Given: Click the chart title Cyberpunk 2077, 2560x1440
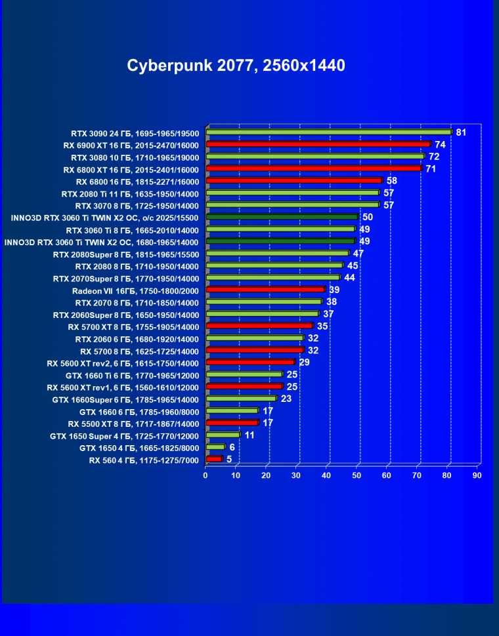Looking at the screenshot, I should pos(236,66).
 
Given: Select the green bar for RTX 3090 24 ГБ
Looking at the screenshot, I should pos(328,132).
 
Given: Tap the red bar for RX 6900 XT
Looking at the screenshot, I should pos(318,144).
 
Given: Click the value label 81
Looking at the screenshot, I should pos(461,132).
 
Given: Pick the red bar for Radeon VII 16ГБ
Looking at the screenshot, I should pos(265,289).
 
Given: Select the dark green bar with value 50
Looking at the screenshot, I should pos(282,217).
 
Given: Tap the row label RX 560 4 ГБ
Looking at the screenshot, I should pos(144,460).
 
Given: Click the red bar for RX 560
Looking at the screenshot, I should pos(214,459).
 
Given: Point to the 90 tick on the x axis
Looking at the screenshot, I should pos(477,475).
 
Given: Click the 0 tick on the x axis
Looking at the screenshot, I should pos(206,475).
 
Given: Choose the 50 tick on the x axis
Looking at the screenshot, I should pos(357,475).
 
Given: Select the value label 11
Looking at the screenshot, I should pos(249,435).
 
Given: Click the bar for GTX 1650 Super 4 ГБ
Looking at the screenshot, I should pos(223,435).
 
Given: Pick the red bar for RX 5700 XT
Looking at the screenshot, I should pos(259,326).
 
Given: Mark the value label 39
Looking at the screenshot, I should pos(334,290).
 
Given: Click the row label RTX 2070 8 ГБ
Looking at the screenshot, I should pos(137,302).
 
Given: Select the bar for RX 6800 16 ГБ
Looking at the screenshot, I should pos(293,180).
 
